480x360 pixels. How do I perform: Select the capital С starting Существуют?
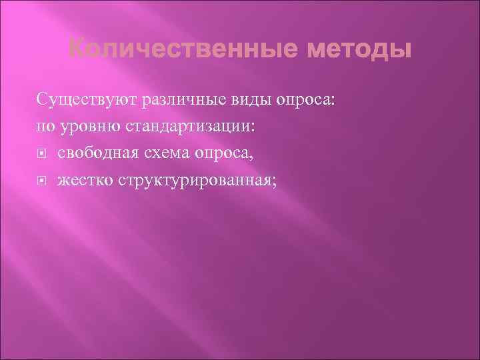[41, 100]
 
